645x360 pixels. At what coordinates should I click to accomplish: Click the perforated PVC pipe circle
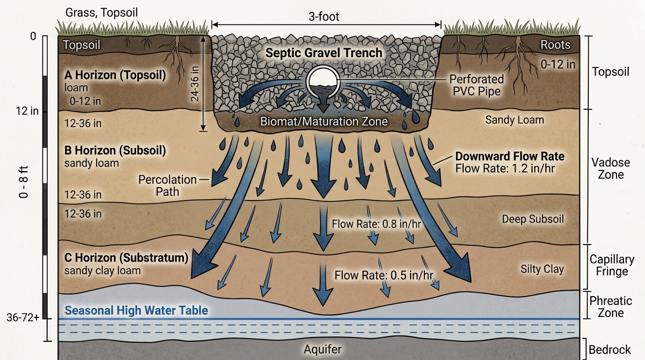click(323, 82)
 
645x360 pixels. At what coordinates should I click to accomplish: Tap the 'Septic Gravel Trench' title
click(323, 53)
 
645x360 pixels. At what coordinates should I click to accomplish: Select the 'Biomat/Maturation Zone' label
click(324, 121)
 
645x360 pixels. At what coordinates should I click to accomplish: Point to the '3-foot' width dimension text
click(323, 17)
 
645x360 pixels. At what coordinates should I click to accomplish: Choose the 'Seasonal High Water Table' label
click(136, 310)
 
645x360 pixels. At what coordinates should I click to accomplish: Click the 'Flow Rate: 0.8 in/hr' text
click(376, 224)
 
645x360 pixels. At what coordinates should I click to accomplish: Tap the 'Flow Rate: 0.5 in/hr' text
click(384, 275)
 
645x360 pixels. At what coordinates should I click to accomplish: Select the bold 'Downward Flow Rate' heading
click(510, 157)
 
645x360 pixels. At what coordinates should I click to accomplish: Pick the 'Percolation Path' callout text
click(167, 186)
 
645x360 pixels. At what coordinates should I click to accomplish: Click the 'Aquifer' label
click(322, 349)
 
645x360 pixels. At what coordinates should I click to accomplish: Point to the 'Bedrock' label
click(609, 350)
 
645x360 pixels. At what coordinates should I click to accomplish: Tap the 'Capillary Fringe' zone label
click(612, 265)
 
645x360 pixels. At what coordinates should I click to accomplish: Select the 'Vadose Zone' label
click(611, 168)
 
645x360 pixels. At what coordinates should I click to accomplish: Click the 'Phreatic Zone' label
click(611, 307)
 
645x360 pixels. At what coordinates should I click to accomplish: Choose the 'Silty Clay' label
click(542, 269)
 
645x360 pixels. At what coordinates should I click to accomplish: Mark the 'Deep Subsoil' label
click(532, 219)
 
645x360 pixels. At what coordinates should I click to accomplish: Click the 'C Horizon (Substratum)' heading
click(126, 257)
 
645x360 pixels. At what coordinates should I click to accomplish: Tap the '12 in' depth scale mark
click(27, 111)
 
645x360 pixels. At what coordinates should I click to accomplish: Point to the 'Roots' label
click(555, 45)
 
